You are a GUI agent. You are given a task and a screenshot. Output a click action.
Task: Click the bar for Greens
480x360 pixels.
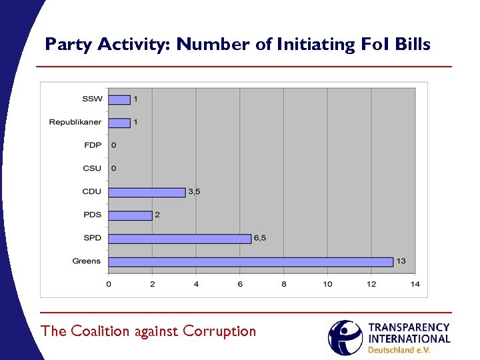point(251,261)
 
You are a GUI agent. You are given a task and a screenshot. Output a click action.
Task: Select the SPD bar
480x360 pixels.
point(179,238)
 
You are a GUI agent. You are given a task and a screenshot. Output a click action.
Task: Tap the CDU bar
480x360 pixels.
point(147,192)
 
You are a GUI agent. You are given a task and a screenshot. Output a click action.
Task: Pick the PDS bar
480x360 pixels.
point(130,215)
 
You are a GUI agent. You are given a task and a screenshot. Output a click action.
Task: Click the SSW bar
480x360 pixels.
point(119,99)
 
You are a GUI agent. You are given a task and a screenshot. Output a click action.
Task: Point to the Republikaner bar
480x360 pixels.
point(119,123)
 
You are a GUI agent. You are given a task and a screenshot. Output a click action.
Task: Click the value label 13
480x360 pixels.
point(401,261)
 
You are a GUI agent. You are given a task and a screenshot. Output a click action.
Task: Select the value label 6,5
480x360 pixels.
point(259,238)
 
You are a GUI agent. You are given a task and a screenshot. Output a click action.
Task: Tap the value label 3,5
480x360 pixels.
point(194,192)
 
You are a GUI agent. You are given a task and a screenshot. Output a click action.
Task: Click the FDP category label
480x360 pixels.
point(93,145)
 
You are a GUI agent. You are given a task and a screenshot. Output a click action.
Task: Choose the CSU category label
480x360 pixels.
point(92,169)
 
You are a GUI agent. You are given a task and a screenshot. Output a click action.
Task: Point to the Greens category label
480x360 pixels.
point(87,261)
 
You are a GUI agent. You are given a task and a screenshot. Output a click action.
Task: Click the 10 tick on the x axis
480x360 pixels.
point(327,285)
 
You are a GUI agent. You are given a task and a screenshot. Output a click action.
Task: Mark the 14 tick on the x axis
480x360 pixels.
point(415,285)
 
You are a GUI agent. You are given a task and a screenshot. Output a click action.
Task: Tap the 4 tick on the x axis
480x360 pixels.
point(196,285)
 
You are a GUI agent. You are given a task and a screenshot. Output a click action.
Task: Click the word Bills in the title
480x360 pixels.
point(411,45)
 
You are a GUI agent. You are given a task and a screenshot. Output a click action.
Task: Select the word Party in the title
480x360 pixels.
point(69,45)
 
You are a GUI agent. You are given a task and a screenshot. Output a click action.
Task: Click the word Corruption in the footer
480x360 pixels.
point(219,331)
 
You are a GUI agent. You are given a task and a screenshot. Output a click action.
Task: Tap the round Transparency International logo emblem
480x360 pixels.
point(345,337)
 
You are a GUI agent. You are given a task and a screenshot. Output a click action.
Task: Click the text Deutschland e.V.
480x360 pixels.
point(409,349)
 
